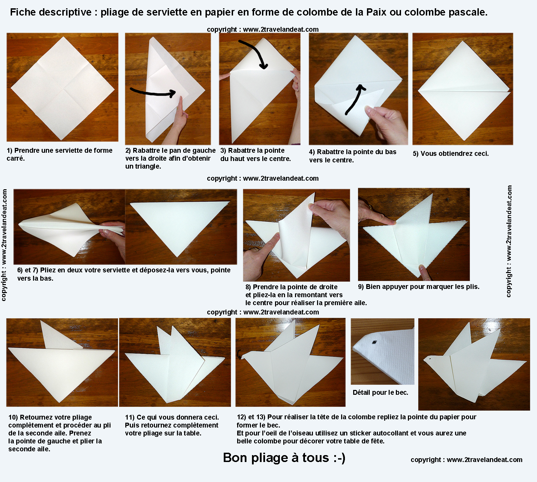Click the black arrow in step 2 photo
pos(154,92)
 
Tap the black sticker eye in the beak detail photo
pos(374,342)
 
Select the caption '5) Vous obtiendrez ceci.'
pos(451,154)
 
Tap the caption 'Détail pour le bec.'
pos(380,392)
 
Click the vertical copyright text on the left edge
pos(4,245)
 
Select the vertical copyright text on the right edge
pos(509,241)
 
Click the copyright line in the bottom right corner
pos(466,460)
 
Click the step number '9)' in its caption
pos(361,287)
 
